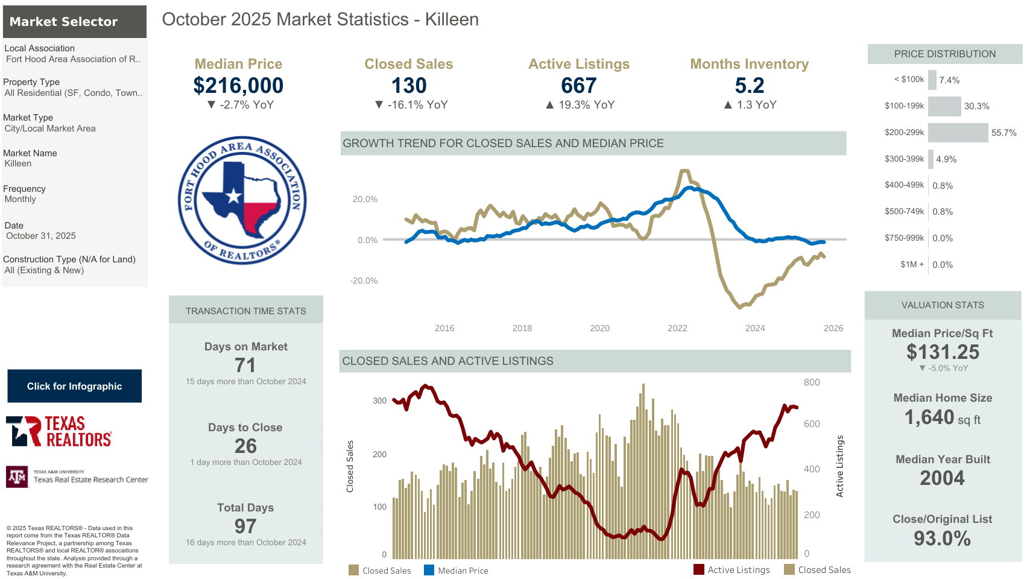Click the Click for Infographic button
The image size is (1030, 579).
tap(74, 386)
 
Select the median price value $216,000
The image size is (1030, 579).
tap(238, 86)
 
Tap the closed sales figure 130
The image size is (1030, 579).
tap(409, 86)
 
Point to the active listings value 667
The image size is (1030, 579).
tap(579, 86)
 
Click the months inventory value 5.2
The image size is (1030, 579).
tap(750, 86)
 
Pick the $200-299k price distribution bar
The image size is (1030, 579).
tap(958, 133)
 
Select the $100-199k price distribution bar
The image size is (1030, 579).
tap(944, 106)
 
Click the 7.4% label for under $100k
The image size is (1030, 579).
tap(949, 80)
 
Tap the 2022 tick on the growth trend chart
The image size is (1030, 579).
tap(677, 328)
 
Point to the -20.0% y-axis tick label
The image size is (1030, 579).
tap(364, 280)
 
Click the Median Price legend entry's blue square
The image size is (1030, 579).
tap(429, 570)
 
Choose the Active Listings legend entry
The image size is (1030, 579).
tap(732, 570)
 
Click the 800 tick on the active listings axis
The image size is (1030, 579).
tap(812, 382)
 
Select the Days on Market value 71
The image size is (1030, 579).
tap(245, 365)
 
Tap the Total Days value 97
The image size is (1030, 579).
tap(245, 526)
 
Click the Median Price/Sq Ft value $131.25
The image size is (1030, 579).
tap(943, 352)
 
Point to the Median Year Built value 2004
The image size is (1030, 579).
tap(942, 478)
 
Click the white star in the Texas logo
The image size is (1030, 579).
tap(233, 195)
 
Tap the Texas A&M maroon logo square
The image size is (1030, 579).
tap(17, 477)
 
